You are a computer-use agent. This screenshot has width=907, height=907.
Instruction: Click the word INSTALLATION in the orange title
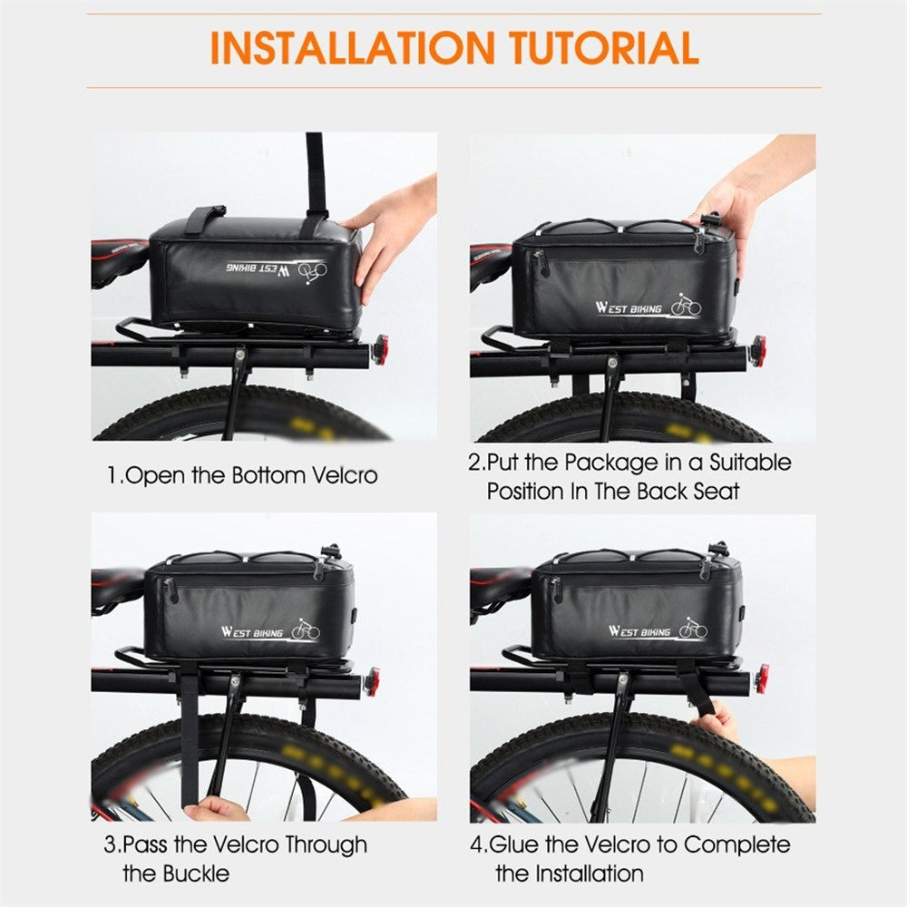tap(352, 47)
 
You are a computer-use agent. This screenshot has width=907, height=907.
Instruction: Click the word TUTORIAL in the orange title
tap(604, 47)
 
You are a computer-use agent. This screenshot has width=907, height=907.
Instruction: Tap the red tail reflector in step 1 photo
tap(381, 349)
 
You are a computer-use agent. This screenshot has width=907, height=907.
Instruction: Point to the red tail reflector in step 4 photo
tap(761, 679)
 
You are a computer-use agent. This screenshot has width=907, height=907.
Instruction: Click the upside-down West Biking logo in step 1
tap(277, 270)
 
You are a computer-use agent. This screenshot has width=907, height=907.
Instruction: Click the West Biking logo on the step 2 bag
tap(649, 306)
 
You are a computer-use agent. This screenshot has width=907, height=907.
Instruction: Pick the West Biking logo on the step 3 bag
tap(270, 630)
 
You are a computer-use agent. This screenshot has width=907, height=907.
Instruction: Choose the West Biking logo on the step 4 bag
tap(658, 629)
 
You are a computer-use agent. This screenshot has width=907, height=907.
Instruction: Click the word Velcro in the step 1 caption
tap(345, 475)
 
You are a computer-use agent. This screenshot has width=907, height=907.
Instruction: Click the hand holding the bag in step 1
tap(387, 234)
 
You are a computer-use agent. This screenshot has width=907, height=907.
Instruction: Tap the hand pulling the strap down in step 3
tap(215, 809)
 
